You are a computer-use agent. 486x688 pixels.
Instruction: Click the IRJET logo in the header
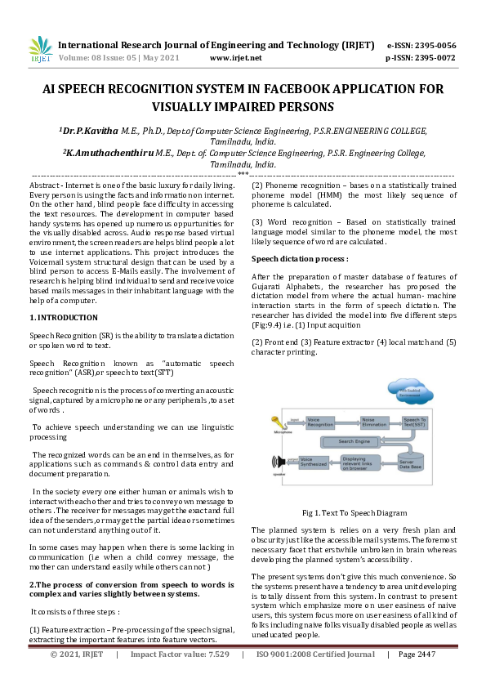tap(39, 49)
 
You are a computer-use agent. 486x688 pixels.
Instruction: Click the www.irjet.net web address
tap(235, 58)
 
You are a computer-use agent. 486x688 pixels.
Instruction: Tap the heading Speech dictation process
tap(300, 258)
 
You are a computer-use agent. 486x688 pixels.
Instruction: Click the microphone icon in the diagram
tap(275, 422)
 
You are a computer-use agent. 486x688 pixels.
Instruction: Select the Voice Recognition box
tap(319, 422)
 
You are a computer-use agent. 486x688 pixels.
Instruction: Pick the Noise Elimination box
tap(374, 422)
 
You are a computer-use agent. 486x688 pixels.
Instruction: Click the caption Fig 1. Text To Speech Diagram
tap(354, 513)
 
